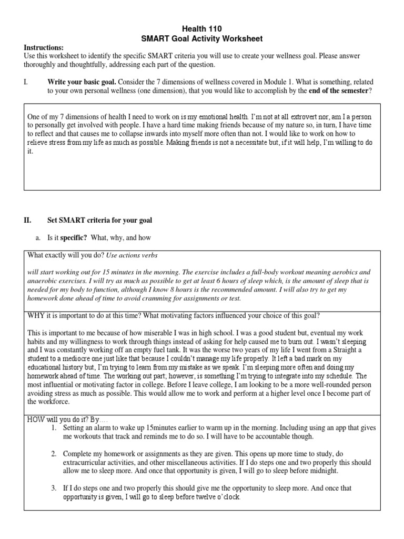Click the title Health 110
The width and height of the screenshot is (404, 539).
coord(202,29)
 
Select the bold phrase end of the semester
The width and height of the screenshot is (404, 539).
coord(337,91)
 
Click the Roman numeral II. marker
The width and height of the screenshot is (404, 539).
coord(28,220)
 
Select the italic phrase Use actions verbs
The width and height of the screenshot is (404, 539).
coord(132,255)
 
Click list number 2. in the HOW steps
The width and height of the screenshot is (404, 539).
coord(54,453)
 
